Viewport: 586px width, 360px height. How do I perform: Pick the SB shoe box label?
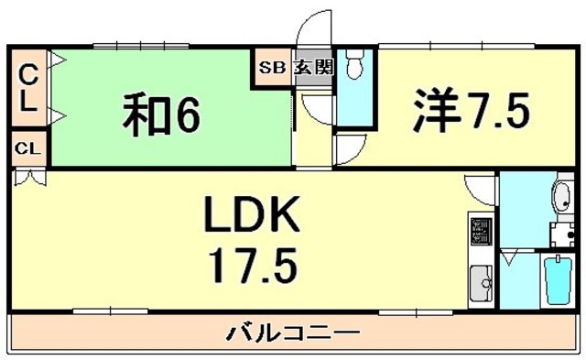pyautogui.click(x=272, y=66)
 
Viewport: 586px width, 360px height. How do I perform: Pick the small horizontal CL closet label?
pyautogui.click(x=28, y=147)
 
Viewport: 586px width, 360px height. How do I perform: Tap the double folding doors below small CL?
pyautogui.click(x=27, y=179)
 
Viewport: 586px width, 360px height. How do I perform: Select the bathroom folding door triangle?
pyautogui.click(x=508, y=257)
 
